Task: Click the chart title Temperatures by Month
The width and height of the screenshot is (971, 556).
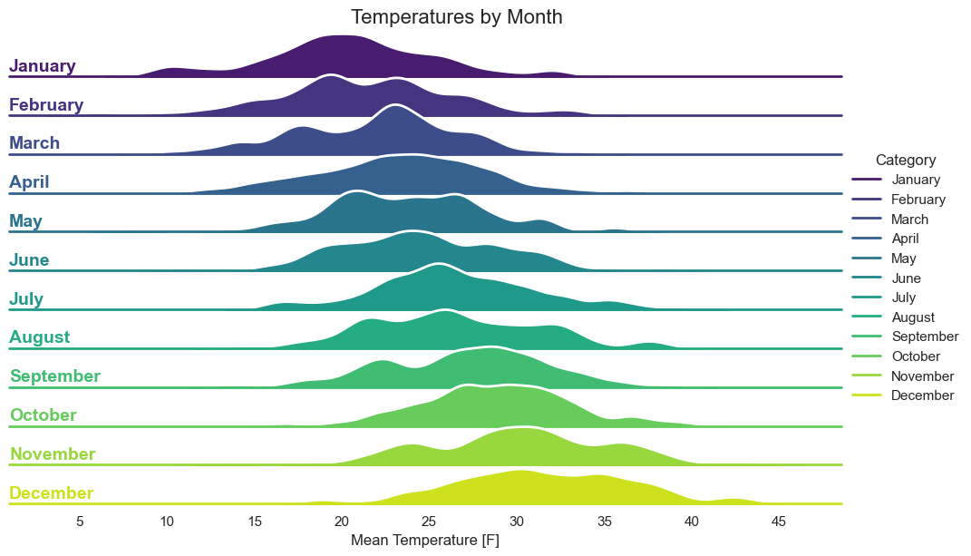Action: (x=456, y=16)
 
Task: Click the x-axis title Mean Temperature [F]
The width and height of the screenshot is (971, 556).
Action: (x=425, y=540)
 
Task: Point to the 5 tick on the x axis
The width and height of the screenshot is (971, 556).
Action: (x=80, y=522)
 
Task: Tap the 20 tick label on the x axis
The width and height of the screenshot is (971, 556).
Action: (x=342, y=522)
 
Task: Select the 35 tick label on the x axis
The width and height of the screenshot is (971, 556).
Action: (x=605, y=522)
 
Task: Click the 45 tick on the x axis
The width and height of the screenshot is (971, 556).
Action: (x=779, y=522)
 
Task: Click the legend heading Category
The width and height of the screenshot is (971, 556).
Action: (x=906, y=160)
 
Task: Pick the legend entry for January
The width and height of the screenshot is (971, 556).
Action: (x=896, y=180)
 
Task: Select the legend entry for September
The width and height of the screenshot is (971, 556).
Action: (x=905, y=337)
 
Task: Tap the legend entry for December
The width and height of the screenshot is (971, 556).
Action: (x=903, y=395)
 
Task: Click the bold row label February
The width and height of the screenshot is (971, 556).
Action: (x=46, y=104)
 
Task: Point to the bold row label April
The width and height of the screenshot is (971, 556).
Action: (x=29, y=182)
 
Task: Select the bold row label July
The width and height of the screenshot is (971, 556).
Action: (x=26, y=298)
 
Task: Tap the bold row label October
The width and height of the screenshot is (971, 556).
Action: (x=44, y=415)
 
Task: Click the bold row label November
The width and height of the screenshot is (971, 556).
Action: (x=53, y=454)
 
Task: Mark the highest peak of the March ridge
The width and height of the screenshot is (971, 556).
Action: (x=395, y=106)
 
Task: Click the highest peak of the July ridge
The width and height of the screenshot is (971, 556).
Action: (x=439, y=265)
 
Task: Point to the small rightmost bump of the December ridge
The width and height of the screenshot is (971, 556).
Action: (x=734, y=500)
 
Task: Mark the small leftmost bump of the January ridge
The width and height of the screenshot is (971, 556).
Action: (x=173, y=69)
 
